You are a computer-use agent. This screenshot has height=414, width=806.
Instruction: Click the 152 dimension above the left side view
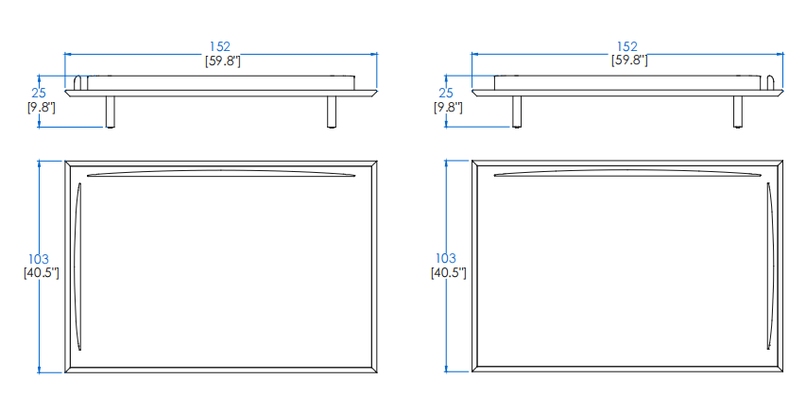tap(220, 47)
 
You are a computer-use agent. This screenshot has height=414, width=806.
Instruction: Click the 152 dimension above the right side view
tap(627, 47)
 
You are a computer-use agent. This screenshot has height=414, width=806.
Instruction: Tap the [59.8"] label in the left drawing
tap(223, 61)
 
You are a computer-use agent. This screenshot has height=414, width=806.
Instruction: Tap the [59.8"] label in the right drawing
tap(629, 60)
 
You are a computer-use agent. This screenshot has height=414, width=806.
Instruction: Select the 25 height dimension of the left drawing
tap(39, 93)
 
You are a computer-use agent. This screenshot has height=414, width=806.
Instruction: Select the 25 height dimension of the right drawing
tap(446, 93)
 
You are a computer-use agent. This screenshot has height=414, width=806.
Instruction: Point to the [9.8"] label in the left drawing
tap(42, 108)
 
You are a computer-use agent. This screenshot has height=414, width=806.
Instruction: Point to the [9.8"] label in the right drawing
tap(448, 108)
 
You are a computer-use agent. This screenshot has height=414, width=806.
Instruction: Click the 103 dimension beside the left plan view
tap(39, 259)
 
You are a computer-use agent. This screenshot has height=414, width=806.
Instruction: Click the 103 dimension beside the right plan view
tap(446, 258)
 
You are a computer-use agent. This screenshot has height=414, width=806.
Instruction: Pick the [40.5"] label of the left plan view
tap(42, 273)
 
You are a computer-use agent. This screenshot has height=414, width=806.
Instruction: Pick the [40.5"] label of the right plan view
tap(448, 272)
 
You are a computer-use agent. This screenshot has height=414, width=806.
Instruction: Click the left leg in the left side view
tap(110, 112)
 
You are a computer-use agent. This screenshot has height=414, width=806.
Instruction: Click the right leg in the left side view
tap(332, 112)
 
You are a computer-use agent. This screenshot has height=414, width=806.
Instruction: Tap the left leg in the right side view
tap(517, 112)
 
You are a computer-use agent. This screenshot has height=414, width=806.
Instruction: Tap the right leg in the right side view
tap(738, 112)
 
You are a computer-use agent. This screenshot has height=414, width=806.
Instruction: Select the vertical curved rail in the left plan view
tap(77, 267)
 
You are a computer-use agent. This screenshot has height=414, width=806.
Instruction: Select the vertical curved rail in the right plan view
tap(770, 266)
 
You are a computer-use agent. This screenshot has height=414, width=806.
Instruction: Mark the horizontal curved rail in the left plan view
tap(221, 173)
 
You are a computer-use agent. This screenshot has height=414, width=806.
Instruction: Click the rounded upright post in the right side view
tap(771, 83)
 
